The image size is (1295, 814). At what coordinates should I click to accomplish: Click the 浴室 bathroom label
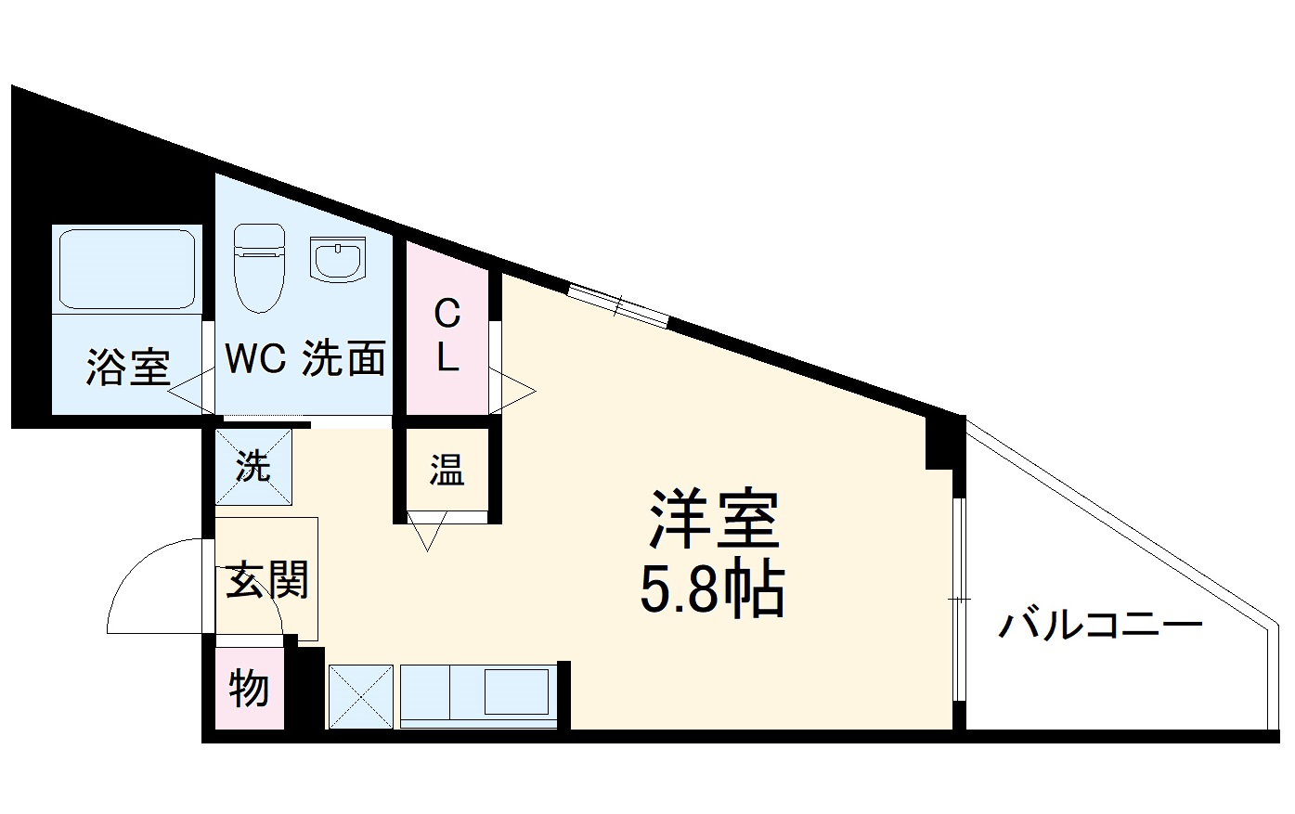coord(128,367)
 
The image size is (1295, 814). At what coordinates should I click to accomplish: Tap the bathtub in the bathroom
coord(127,268)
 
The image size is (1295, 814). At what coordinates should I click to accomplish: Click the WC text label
coord(255,359)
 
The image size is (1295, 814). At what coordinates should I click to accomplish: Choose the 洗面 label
coord(343,359)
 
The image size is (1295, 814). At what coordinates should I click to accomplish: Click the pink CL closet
coord(447,334)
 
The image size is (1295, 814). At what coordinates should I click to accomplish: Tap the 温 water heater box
coord(447,471)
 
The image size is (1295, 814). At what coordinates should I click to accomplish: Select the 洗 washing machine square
coord(253,466)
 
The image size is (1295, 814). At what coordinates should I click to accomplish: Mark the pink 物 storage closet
coord(249,689)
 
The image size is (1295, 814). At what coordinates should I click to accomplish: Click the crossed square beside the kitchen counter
coord(361,695)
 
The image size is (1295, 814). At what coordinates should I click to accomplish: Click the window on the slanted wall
coord(618,304)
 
